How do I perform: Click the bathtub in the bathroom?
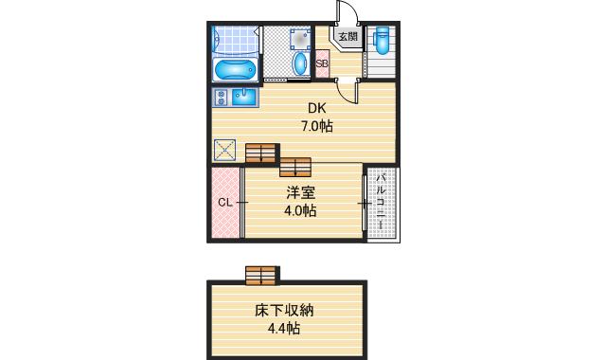coord(234,70)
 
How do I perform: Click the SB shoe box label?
coord(322,65)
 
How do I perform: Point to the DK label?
coord(315,108)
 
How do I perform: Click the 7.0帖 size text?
coord(316,125)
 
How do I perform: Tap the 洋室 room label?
coord(300,193)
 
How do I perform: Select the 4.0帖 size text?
coord(300,210)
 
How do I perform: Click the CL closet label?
coord(225,202)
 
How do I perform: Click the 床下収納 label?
coord(284,311)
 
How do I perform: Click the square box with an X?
coord(225,151)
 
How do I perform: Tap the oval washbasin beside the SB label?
coord(300,64)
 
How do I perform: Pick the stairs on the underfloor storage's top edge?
coord(260,275)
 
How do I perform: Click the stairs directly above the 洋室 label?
coord(294,167)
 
